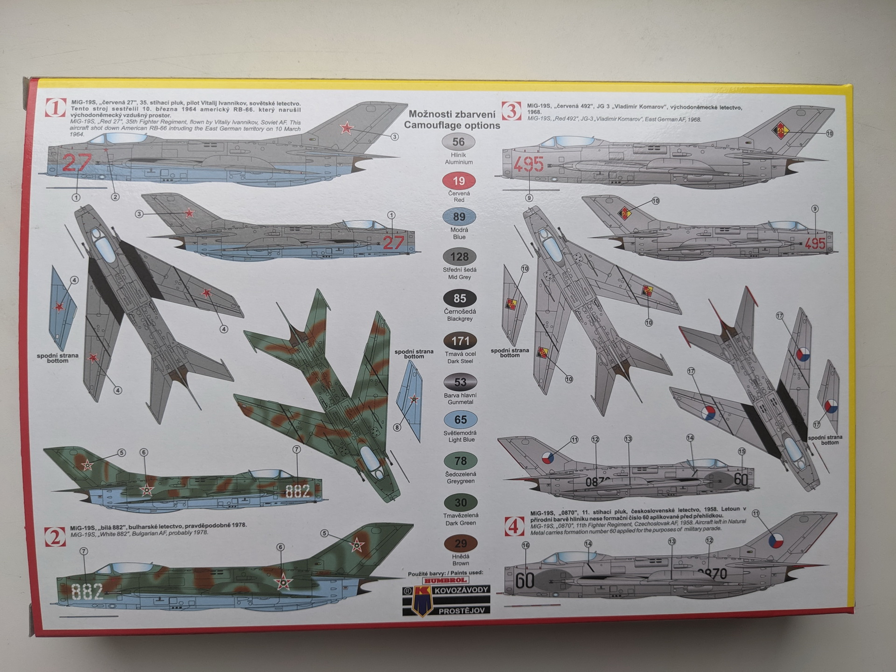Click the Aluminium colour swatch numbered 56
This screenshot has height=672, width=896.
pyautogui.click(x=458, y=142)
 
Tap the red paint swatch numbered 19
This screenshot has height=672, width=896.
pyautogui.click(x=458, y=181)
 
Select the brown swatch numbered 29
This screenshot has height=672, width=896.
pyautogui.click(x=460, y=544)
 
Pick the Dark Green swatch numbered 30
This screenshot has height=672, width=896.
pyautogui.click(x=460, y=503)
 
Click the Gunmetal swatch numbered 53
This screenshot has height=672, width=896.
pyautogui.click(x=460, y=383)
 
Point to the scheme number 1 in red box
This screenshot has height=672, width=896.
pyautogui.click(x=56, y=108)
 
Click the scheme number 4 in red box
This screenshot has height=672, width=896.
pyautogui.click(x=515, y=527)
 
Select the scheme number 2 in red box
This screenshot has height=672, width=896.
pyautogui.click(x=56, y=537)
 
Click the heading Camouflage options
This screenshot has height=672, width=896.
pyautogui.click(x=452, y=126)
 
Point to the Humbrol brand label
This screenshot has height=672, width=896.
pyautogui.click(x=444, y=580)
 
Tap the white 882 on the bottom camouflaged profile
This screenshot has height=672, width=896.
pyautogui.click(x=88, y=592)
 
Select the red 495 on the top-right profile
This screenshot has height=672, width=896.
pyautogui.click(x=529, y=164)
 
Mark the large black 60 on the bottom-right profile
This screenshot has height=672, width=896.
pyautogui.click(x=525, y=581)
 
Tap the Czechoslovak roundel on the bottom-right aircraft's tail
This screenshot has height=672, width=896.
pyautogui.click(x=776, y=541)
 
